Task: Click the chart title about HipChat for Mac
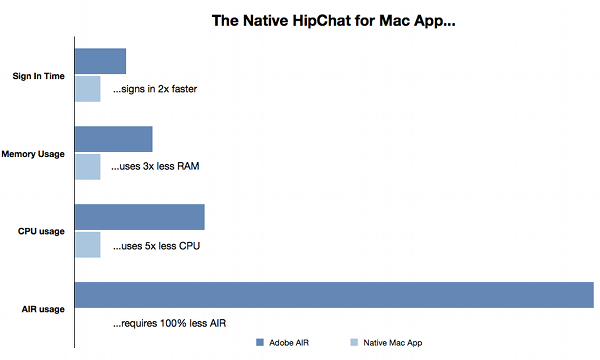(331, 19)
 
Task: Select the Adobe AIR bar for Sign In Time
(101, 61)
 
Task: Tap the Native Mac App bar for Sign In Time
(88, 88)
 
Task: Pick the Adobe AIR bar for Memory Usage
(114, 139)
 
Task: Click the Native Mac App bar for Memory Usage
(88, 166)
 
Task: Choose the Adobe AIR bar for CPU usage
(140, 217)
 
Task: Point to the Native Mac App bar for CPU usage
(88, 244)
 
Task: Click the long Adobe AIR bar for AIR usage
(335, 296)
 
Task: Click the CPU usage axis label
(41, 231)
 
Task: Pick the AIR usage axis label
(42, 309)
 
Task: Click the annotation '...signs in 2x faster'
(154, 89)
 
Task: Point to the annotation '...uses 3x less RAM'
(155, 166)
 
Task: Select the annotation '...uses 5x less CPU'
(155, 245)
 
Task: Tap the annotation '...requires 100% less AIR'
(167, 324)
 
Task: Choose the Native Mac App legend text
(393, 343)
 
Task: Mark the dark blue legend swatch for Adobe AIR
(260, 343)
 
